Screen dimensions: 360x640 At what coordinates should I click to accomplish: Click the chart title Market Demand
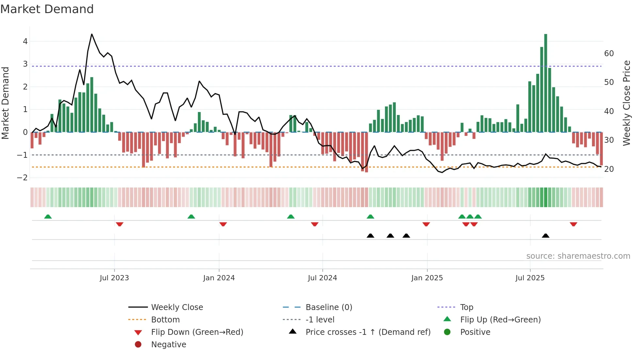[47, 9]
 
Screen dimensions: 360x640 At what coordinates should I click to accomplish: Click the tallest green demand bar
[546, 83]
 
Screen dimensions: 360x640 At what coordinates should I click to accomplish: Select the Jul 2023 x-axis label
[114, 278]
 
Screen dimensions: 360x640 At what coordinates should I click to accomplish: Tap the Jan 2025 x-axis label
[427, 278]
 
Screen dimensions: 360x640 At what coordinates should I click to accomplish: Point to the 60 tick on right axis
[609, 53]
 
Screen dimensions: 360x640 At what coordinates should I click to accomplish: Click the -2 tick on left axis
[22, 178]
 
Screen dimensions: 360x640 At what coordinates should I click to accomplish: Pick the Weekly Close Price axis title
[626, 103]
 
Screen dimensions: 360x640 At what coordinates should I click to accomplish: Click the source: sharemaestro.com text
[578, 256]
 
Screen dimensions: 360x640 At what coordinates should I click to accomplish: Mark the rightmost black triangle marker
[546, 236]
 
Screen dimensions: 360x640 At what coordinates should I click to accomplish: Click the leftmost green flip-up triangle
[48, 217]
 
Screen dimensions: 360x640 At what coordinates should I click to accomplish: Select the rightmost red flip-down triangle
[573, 224]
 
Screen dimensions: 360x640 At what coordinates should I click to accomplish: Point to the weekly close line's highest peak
[92, 34]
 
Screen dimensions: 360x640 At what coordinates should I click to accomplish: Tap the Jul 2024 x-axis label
[322, 278]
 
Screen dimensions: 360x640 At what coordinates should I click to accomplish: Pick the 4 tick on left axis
[25, 41]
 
